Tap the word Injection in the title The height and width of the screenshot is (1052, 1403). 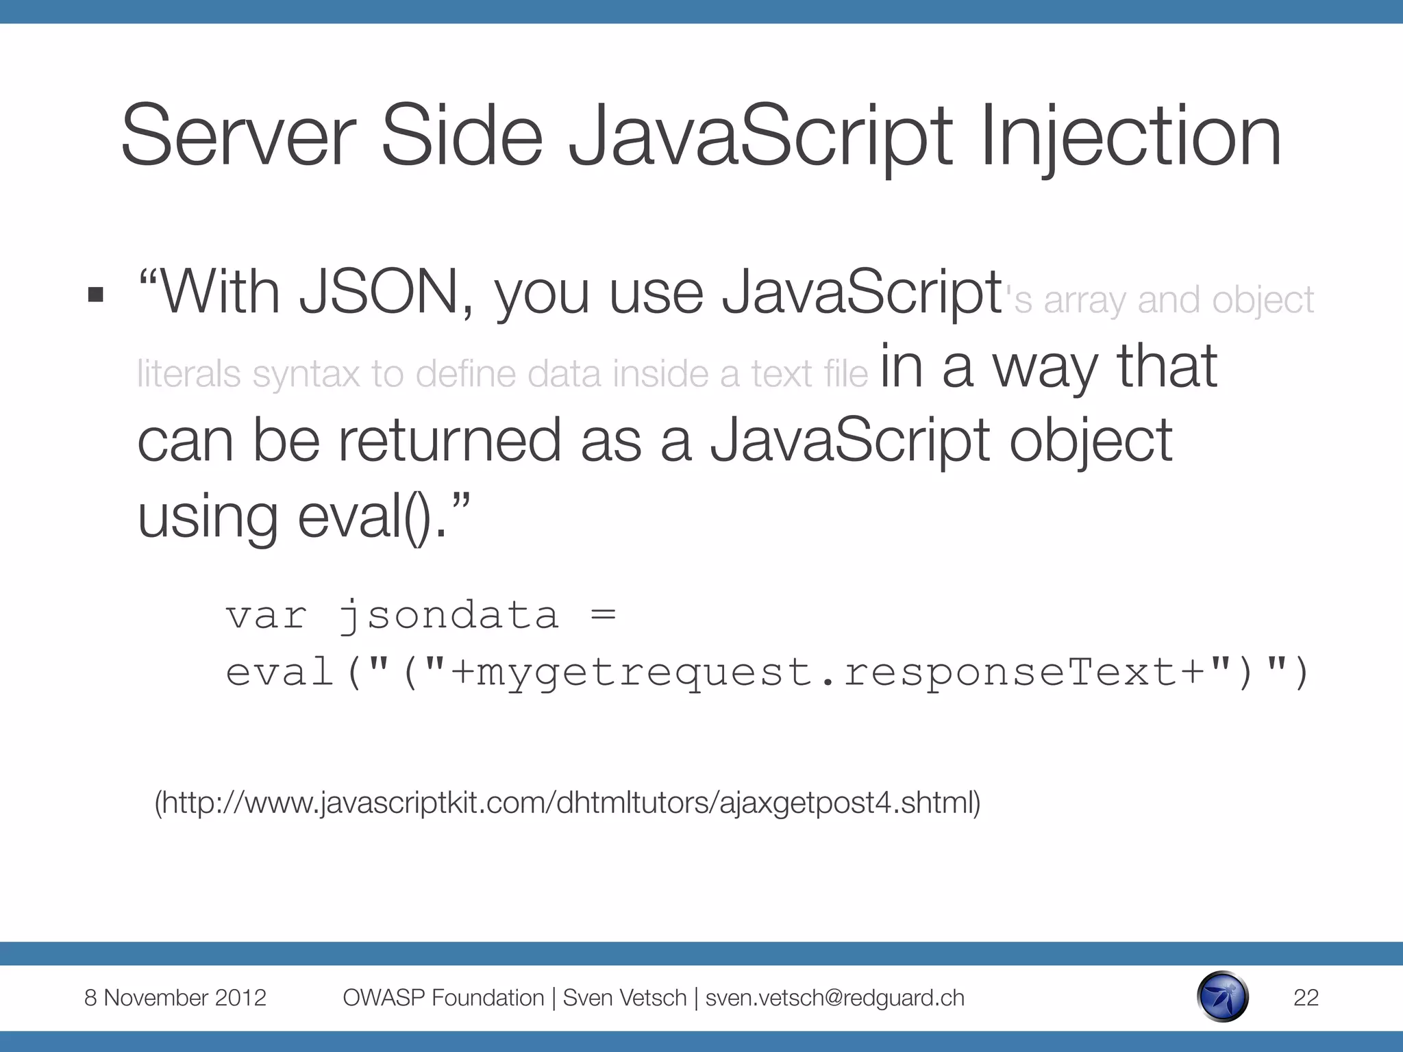pos(1130,137)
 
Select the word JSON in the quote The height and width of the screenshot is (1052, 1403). pos(379,292)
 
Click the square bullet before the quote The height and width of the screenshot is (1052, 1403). pos(96,295)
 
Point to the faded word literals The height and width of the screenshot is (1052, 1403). pos(188,374)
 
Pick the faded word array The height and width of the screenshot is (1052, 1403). pos(1084,301)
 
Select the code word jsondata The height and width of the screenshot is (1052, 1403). pos(449,615)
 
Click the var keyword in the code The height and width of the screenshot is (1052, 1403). pos(266,615)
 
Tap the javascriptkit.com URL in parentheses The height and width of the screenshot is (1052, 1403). pos(567,803)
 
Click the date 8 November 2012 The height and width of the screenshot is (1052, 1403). pos(175,998)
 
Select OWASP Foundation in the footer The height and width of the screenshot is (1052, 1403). pos(443,998)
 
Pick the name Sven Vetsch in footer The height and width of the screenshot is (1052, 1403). pos(624,998)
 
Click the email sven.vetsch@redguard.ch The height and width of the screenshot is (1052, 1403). pos(834,998)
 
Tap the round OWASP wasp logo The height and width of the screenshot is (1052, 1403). pos(1223,997)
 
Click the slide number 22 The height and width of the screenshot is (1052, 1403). pos(1306,998)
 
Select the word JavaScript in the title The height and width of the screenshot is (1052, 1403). pos(760,137)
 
